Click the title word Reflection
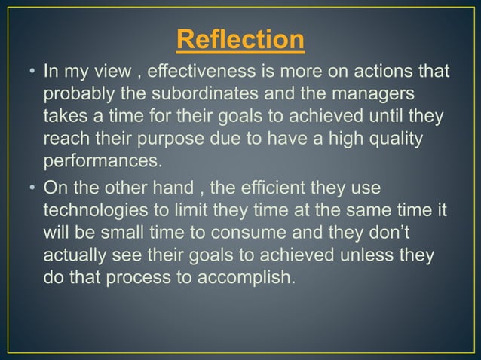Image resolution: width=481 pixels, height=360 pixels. [x=240, y=40]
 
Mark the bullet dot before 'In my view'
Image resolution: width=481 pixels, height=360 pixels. [x=32, y=73]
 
